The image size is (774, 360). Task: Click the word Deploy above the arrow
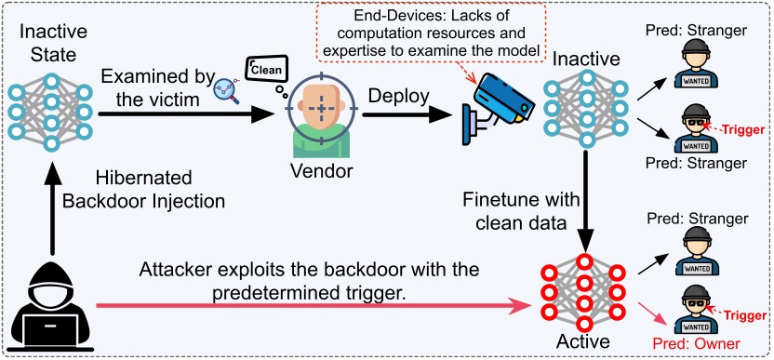pyautogui.click(x=397, y=96)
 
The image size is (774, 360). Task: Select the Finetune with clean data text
pyautogui.click(x=507, y=212)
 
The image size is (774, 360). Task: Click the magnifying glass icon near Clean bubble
pyautogui.click(x=224, y=86)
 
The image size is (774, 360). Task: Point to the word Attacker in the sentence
pyautogui.click(x=175, y=270)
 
